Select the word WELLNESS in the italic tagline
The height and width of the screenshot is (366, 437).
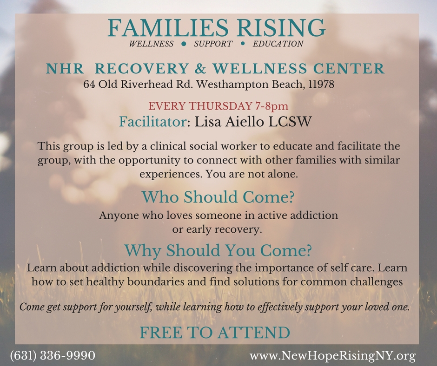click(152, 44)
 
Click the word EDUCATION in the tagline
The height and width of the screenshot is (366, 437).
click(278, 44)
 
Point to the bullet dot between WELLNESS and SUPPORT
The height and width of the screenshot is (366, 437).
click(184, 44)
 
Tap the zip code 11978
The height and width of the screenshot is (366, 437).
click(322, 85)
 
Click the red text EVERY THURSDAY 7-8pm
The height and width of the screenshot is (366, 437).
click(218, 106)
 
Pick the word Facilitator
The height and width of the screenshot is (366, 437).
click(153, 122)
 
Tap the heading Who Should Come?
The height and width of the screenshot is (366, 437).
click(218, 197)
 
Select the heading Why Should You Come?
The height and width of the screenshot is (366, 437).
click(218, 250)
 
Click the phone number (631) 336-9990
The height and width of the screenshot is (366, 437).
click(53, 356)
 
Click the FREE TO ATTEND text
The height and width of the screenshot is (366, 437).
click(215, 332)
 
